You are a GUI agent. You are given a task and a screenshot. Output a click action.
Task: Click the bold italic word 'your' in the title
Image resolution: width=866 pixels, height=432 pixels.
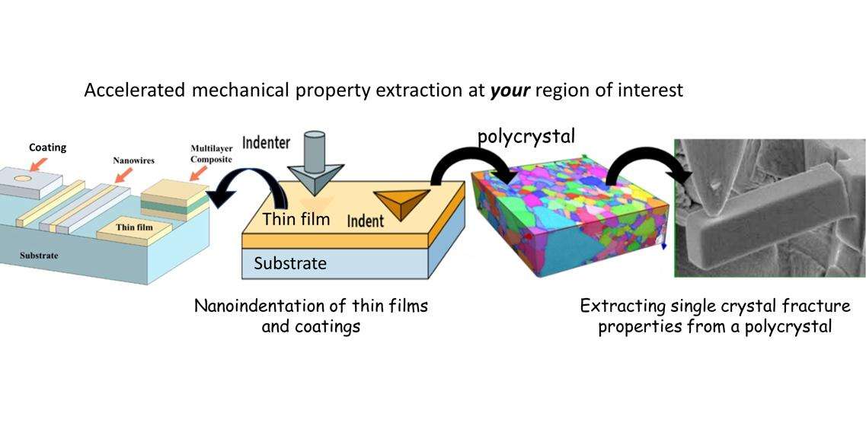[x=510, y=90]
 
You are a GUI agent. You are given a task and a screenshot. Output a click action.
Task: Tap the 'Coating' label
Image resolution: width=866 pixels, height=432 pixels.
[x=47, y=148]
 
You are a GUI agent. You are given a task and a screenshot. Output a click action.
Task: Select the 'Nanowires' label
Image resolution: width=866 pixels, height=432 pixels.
[x=133, y=160]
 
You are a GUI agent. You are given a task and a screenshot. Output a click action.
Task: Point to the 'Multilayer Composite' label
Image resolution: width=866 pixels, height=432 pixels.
[x=212, y=154]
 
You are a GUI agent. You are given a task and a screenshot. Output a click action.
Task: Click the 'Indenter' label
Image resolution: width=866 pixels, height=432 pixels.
[x=266, y=142]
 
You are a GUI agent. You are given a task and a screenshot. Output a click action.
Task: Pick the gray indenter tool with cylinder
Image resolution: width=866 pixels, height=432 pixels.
[x=315, y=163]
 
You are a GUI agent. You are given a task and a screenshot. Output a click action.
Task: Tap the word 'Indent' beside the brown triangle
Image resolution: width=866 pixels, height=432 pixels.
[x=366, y=221]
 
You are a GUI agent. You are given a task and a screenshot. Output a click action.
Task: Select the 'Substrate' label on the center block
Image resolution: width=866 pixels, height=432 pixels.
[x=290, y=263]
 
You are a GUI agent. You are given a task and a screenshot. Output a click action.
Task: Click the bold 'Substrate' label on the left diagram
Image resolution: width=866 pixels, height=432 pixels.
[x=39, y=256]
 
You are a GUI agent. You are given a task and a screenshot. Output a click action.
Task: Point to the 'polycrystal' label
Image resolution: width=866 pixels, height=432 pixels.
[x=526, y=136]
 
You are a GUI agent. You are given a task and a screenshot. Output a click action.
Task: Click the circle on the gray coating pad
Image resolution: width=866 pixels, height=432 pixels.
[x=23, y=179]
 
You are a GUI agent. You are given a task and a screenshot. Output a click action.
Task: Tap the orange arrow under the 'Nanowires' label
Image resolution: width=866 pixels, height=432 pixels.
[x=124, y=175]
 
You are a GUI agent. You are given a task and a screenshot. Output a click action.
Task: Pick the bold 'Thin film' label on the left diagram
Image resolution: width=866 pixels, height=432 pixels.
[x=134, y=227]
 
